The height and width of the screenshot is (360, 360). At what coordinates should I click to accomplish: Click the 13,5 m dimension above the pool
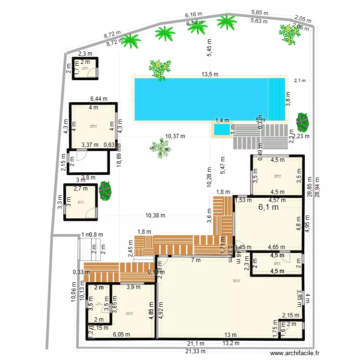point(210,74)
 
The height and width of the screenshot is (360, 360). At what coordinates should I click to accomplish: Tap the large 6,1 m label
point(269,207)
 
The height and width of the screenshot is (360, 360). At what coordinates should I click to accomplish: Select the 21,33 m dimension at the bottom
point(196,351)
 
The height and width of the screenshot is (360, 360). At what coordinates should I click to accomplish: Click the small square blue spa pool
point(221,130)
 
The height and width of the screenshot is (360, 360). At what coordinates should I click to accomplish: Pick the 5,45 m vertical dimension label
point(209,48)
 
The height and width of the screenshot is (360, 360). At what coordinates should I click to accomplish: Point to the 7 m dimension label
point(196,261)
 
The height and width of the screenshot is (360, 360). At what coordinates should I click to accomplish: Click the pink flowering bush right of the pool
point(302,122)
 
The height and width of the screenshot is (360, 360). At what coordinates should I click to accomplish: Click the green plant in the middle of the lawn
point(160,147)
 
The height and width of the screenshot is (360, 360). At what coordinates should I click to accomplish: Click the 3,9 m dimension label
point(133,288)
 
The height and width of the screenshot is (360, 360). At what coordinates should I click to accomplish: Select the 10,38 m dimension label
point(155,216)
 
